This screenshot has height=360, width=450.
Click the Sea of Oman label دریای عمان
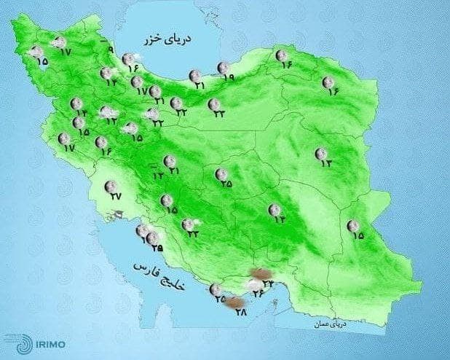(330, 321)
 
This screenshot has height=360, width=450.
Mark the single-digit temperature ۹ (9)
(111, 50)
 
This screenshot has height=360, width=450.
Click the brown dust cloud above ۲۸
(234, 303)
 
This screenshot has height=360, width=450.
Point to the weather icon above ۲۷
(111, 186)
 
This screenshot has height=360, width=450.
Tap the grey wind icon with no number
(115, 214)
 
